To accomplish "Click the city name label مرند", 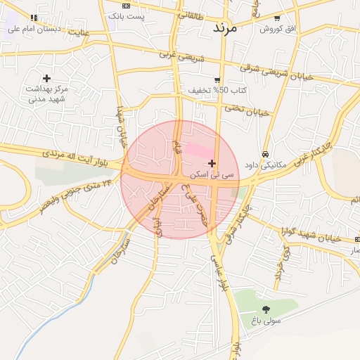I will tap(226, 28).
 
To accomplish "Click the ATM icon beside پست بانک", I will tap(126, 5).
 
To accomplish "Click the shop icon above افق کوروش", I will tap(277, 18).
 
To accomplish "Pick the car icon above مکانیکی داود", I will tap(264, 155).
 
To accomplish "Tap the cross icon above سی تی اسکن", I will tap(212, 163).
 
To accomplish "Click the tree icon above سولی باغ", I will tap(265, 309).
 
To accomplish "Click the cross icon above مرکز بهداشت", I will tap(47, 78).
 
